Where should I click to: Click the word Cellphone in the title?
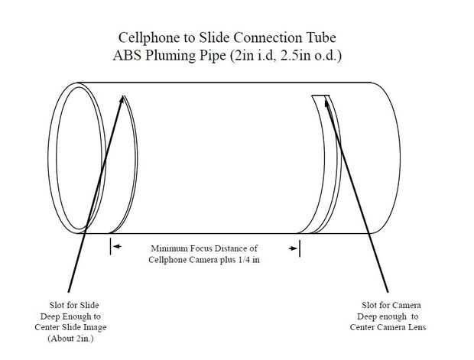[x=149, y=38]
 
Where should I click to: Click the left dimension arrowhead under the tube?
[x=117, y=246]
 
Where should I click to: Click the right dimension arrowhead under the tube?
[x=293, y=248]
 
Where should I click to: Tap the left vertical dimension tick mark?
[x=111, y=246]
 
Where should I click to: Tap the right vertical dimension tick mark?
[x=299, y=248]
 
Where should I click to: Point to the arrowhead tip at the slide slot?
[x=123, y=96]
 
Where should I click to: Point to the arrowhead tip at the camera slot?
[x=325, y=99]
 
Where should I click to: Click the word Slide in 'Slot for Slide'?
[x=90, y=305]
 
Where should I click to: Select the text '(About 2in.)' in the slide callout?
[x=70, y=339]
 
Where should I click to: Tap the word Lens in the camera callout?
[x=417, y=327]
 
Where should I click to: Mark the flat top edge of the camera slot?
[x=320, y=96]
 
